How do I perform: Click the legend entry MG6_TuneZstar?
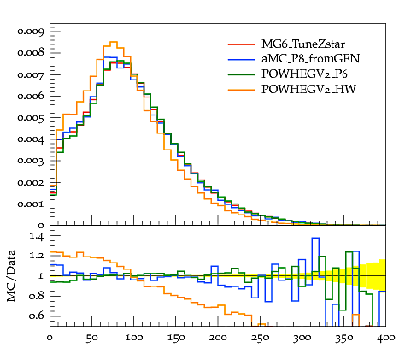[303, 44]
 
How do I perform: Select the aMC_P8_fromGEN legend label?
[310, 59]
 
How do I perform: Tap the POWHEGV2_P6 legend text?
[304, 74]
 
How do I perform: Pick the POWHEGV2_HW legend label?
[308, 90]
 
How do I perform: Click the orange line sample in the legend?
[241, 90]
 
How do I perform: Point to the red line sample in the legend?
[241, 44]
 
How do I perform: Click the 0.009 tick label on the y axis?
[31, 31]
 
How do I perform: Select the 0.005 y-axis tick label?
[31, 117]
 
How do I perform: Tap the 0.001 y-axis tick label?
[31, 204]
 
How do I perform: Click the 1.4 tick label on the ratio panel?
[37, 236]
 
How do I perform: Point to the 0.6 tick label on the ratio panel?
[37, 316]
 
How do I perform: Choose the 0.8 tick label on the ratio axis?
[37, 296]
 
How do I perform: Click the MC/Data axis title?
[11, 275]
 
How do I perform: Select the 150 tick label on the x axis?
[176, 338]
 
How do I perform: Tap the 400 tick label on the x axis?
[385, 338]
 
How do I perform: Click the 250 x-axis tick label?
[260, 338]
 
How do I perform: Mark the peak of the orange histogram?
[114, 42]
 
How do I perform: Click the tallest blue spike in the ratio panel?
[315, 238]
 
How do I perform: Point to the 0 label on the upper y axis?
[41, 226]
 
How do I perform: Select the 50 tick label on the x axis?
[91, 338]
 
